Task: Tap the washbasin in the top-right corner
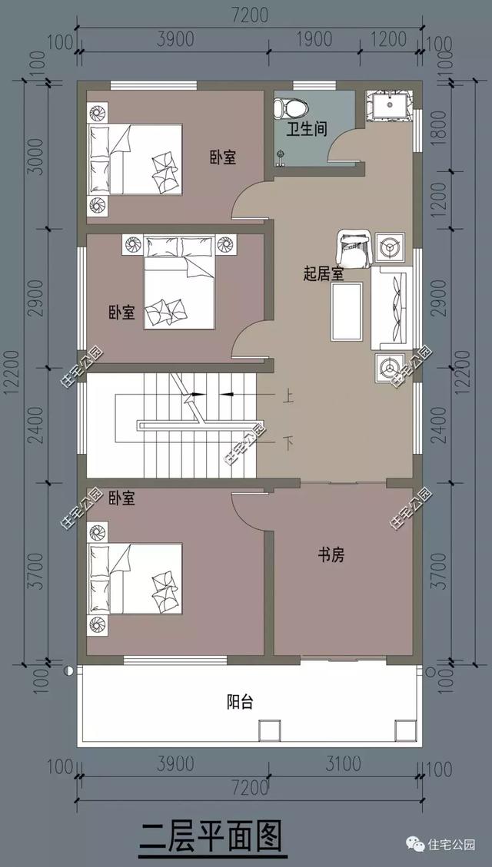tap(391, 105)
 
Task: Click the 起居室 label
tap(323, 273)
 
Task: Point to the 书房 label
tap(331, 554)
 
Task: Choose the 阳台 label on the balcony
tap(240, 701)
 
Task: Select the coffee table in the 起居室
tap(345, 310)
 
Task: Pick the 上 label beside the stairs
tap(288, 397)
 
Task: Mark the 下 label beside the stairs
tap(288, 442)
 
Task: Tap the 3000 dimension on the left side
tap(33, 157)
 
